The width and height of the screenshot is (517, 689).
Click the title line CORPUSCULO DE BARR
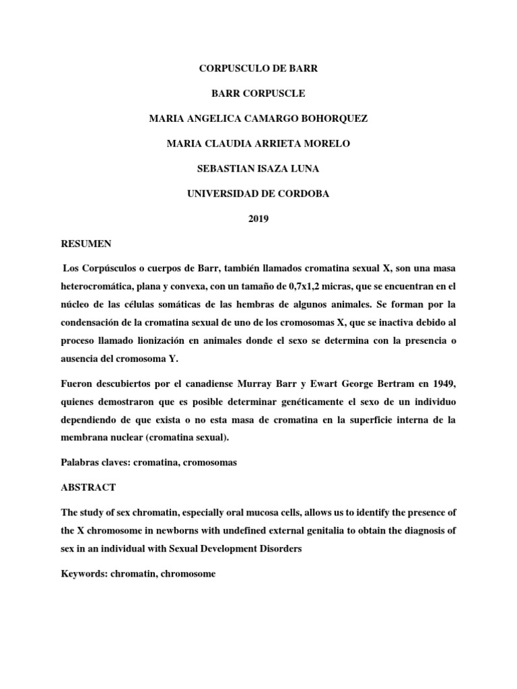point(258,68)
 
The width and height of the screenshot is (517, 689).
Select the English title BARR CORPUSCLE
point(258,94)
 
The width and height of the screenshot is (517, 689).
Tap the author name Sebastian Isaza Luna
point(258,168)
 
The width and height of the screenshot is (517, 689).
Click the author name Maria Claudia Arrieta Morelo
point(258,143)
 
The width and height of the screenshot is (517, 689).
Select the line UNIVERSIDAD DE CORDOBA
point(258,193)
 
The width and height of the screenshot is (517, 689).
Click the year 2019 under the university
point(258,218)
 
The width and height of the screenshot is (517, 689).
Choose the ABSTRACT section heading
point(85,486)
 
